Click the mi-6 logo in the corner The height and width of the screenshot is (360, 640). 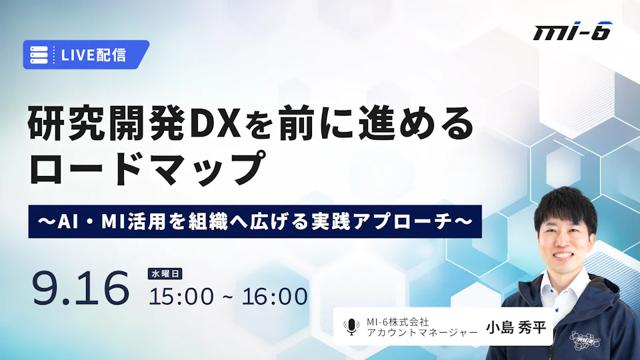pos(573,31)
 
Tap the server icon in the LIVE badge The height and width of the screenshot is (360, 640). pos(39,55)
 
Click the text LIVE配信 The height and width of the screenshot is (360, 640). pos(93,55)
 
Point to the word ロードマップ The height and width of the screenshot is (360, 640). pos(147,168)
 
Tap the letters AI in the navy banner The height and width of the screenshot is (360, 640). pos(67,221)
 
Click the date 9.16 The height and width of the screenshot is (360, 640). pos(81,288)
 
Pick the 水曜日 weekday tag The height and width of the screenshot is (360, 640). pos(165,274)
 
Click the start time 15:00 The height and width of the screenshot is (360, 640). pos(181,296)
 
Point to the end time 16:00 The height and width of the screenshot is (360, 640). pos(275,296)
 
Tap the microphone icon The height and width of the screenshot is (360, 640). pos(351,327)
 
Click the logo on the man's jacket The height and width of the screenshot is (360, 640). pos(585,340)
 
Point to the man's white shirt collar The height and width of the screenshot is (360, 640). pos(565,288)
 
